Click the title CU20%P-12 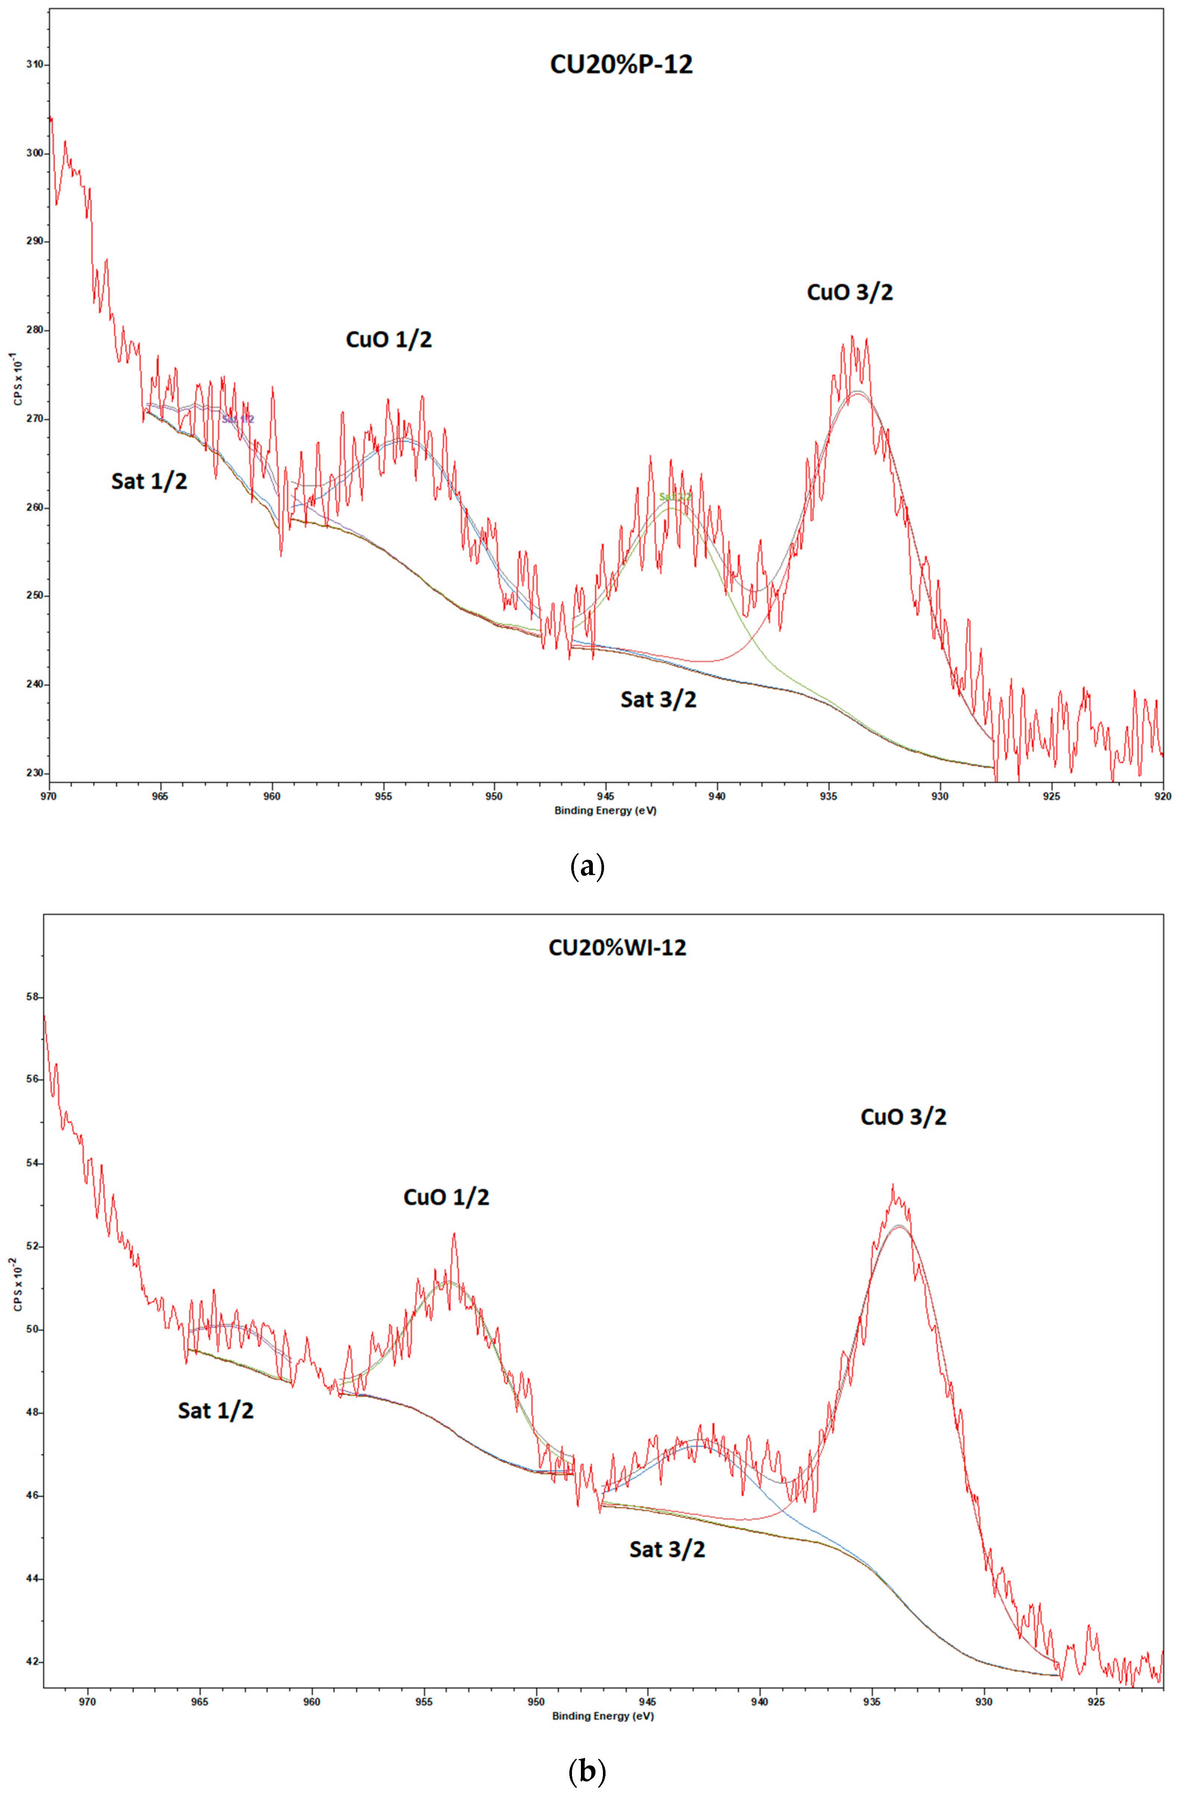621,64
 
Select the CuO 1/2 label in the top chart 389,339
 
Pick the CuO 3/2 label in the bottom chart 903,1117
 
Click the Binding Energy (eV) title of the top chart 605,811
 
